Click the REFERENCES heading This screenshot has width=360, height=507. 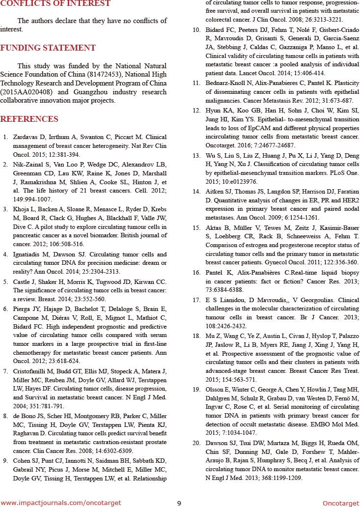click(29, 119)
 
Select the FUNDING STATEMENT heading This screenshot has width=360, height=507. click(48, 48)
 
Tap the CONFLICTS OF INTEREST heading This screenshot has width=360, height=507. click(55, 4)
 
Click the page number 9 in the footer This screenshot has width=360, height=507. click(179, 503)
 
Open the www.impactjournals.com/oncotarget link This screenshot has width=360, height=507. click(61, 503)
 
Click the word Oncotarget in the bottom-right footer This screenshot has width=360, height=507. click(341, 503)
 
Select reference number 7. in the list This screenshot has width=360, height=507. click(5, 371)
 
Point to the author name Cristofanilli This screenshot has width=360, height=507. click(33, 371)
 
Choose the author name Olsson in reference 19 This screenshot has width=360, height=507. click(216, 389)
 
